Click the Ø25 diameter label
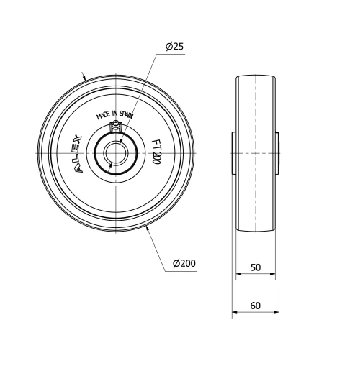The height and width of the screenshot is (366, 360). (x=174, y=47)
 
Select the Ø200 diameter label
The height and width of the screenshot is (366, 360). (x=184, y=264)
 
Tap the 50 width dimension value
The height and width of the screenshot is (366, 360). (x=256, y=267)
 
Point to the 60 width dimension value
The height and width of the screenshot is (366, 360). (x=256, y=306)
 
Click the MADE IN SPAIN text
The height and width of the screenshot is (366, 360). (x=116, y=115)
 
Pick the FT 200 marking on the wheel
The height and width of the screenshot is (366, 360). (x=156, y=152)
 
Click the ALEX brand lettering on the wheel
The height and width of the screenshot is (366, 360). (x=78, y=152)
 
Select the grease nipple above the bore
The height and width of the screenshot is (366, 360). (x=114, y=128)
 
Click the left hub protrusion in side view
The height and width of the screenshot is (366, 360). (x=234, y=154)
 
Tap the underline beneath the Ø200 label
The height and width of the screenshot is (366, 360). (x=184, y=271)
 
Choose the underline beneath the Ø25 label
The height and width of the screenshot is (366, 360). (x=174, y=54)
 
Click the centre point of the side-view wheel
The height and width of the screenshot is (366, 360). (x=256, y=154)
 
